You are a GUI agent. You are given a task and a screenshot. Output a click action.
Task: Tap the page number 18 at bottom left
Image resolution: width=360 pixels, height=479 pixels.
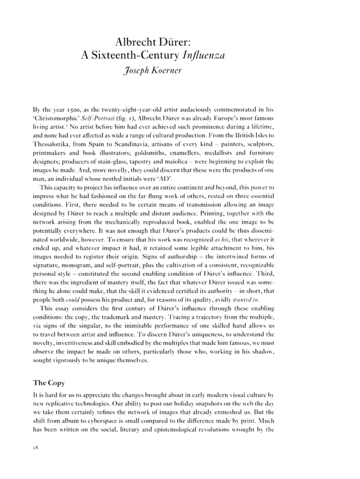[x=35, y=448]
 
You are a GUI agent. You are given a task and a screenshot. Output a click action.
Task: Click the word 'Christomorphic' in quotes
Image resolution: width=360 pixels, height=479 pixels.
[x=56, y=118]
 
